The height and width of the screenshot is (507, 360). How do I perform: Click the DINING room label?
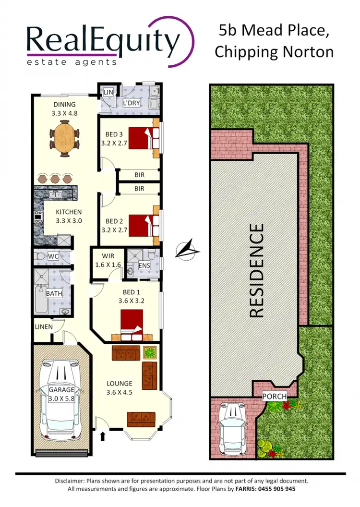pyautogui.click(x=64, y=105)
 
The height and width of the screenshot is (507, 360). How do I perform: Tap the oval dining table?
pyautogui.click(x=64, y=137)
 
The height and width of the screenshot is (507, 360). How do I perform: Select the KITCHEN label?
pyautogui.click(x=69, y=212)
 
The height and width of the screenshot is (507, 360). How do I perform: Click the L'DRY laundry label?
pyautogui.click(x=131, y=103)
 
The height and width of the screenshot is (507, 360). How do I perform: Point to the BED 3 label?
pyautogui.click(x=112, y=135)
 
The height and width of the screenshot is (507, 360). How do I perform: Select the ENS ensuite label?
pyautogui.click(x=144, y=266)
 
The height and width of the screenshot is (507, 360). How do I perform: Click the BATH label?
pyautogui.click(x=54, y=293)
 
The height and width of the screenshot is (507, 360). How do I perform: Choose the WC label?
pyautogui.click(x=53, y=256)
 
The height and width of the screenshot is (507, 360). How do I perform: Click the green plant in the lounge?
pyautogui.click(x=150, y=353)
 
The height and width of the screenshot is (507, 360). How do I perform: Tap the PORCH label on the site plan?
pyautogui.click(x=274, y=397)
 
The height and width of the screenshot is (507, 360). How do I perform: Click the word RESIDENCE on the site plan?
pyautogui.click(x=257, y=270)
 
